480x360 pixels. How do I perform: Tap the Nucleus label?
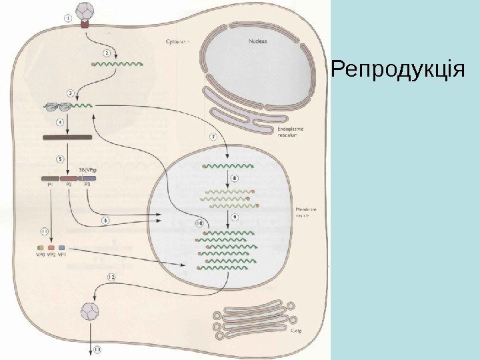[x=257, y=41]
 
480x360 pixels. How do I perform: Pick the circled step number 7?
[x=213, y=137]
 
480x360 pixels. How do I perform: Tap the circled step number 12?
[x=111, y=276]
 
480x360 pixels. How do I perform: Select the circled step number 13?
[x=98, y=349]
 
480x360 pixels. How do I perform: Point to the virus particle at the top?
[x=85, y=11]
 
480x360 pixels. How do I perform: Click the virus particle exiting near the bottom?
[x=88, y=311]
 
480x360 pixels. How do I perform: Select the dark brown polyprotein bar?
[x=67, y=138]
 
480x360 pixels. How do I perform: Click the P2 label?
[x=69, y=186]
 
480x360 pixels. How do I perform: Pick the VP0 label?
[x=40, y=255]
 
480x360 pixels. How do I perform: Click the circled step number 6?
[x=105, y=220]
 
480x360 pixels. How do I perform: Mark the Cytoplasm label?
[x=177, y=41]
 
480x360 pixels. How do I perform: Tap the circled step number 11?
[x=43, y=231]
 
